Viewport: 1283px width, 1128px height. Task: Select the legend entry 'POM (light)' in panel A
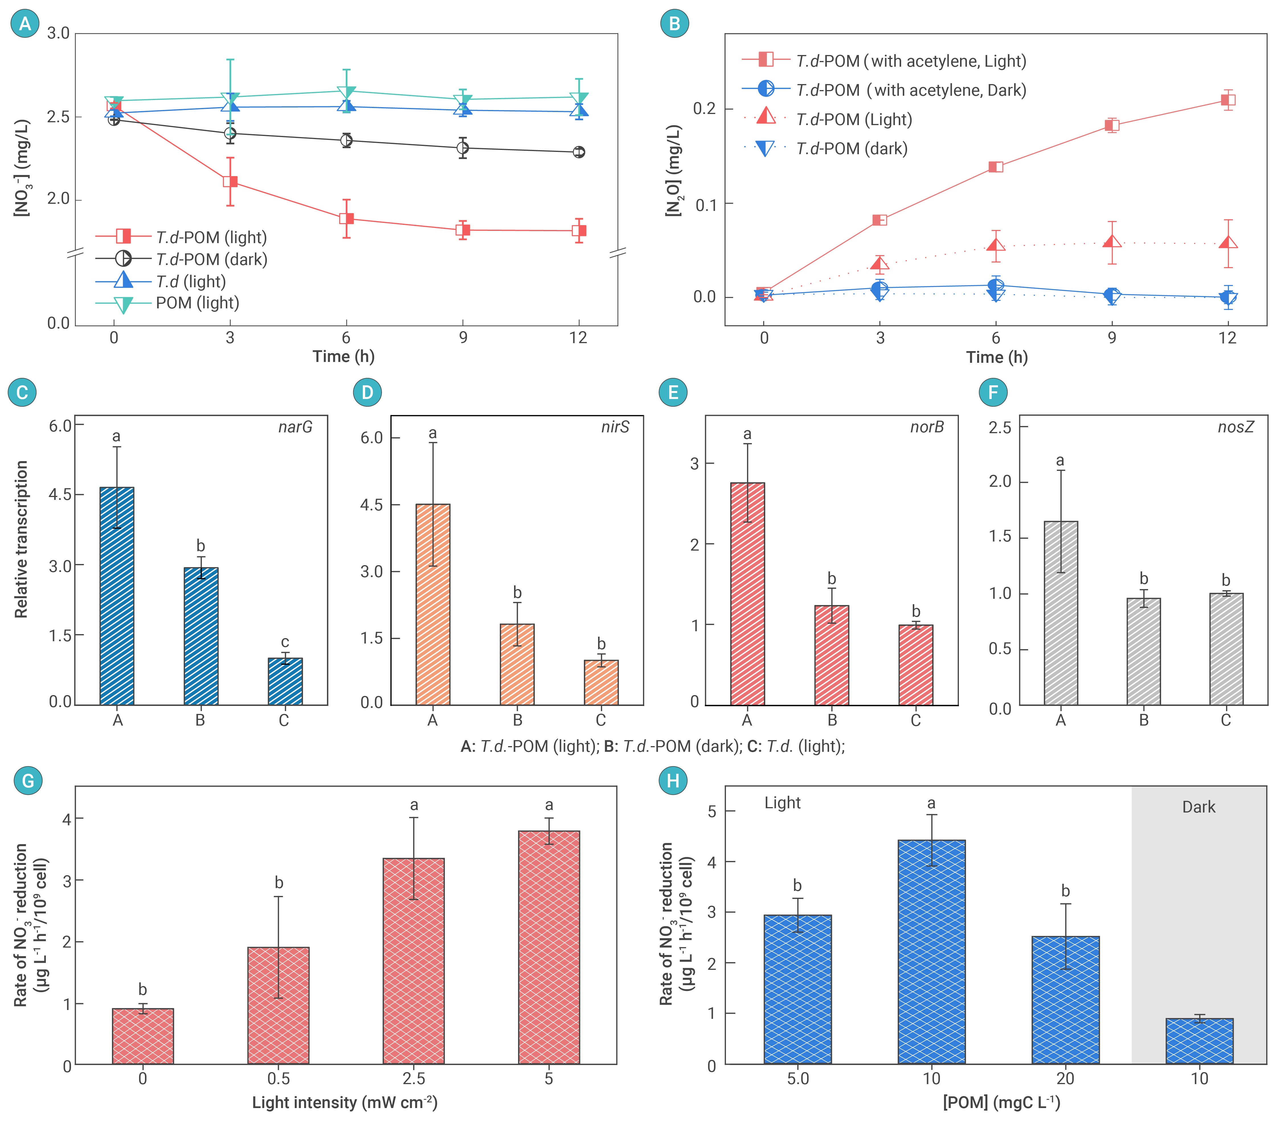[x=197, y=303]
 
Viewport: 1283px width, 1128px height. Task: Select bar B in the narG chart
[x=201, y=636]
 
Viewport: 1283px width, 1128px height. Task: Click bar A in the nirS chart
[x=433, y=604]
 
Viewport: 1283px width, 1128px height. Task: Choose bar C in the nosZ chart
[x=1226, y=649]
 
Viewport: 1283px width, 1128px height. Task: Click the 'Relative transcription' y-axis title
[x=21, y=539]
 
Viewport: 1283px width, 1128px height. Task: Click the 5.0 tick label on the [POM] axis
[x=798, y=1079]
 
